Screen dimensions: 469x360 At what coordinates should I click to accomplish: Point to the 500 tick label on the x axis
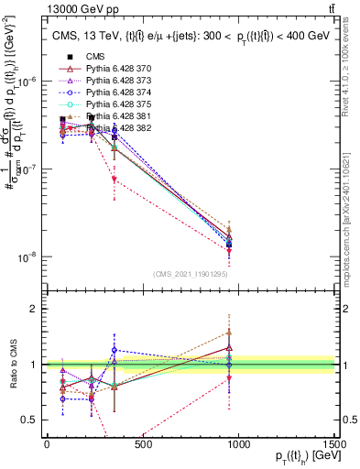143,446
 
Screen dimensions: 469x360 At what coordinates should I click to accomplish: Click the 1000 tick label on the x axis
239,446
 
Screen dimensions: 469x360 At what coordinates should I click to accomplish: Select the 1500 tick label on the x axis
334,446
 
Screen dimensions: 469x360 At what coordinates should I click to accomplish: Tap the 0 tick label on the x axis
47,446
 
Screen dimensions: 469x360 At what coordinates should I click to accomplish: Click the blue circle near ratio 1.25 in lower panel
114,350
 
